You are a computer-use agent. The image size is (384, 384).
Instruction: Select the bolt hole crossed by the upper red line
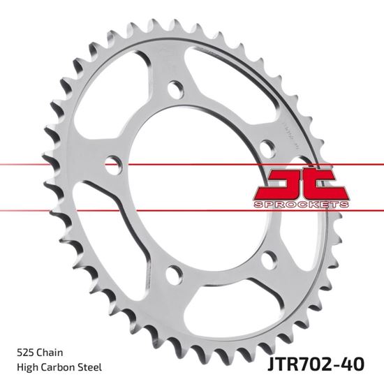click(x=110, y=165)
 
